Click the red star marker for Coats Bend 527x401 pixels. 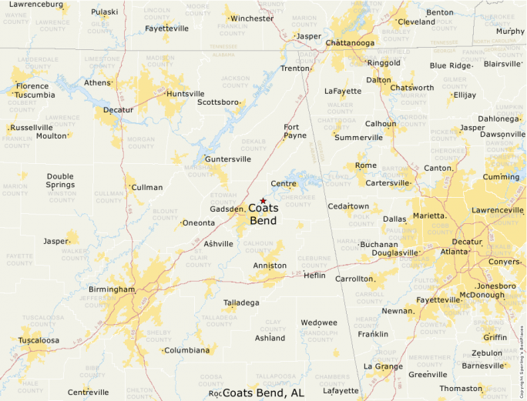click(263, 201)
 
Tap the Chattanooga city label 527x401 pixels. click(350, 43)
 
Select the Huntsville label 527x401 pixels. click(186, 94)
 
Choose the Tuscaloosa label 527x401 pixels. click(39, 339)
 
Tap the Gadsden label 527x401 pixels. click(227, 209)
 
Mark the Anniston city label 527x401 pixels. click(270, 266)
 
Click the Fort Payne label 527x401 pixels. click(295, 131)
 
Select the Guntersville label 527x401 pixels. click(228, 159)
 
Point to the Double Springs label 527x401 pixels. click(60, 180)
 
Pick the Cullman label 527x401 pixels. click(147, 187)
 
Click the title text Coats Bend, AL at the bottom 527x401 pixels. click(263, 393)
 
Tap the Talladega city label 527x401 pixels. click(241, 302)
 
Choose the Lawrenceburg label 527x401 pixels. click(35, 5)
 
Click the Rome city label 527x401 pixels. click(366, 165)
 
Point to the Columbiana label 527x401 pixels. click(187, 350)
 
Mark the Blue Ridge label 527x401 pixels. click(449, 65)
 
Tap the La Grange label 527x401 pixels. click(383, 366)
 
